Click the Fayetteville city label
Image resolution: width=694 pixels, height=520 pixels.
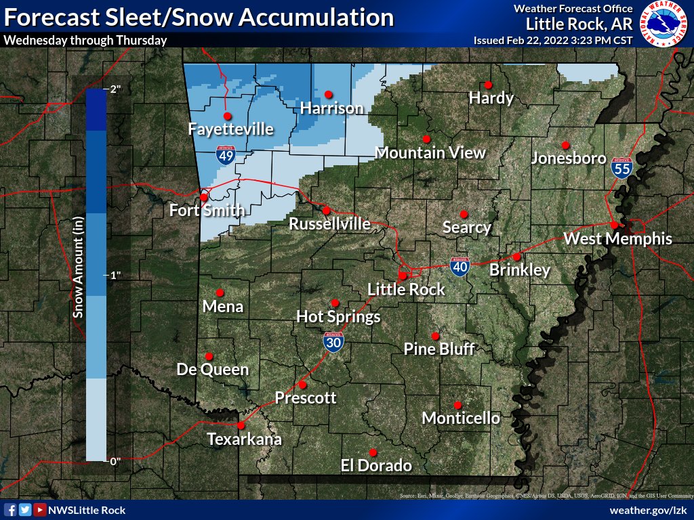pyautogui.click(x=230, y=129)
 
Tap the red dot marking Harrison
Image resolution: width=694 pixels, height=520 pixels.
pyautogui.click(x=329, y=94)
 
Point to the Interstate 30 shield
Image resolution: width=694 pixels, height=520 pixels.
pyautogui.click(x=333, y=342)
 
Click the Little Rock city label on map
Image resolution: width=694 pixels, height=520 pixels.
pyautogui.click(x=406, y=290)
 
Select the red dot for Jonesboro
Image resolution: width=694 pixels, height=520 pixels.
pyautogui.click(x=565, y=145)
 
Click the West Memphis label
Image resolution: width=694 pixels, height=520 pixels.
pyautogui.click(x=617, y=238)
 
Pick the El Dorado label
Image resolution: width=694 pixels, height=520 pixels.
pyautogui.click(x=375, y=465)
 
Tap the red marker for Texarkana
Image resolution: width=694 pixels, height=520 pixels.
pyautogui.click(x=241, y=426)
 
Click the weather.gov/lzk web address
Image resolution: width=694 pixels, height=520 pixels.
pyautogui.click(x=649, y=510)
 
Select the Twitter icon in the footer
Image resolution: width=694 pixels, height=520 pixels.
pyautogui.click(x=25, y=510)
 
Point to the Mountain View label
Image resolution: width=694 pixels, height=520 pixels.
pyautogui.click(x=430, y=152)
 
